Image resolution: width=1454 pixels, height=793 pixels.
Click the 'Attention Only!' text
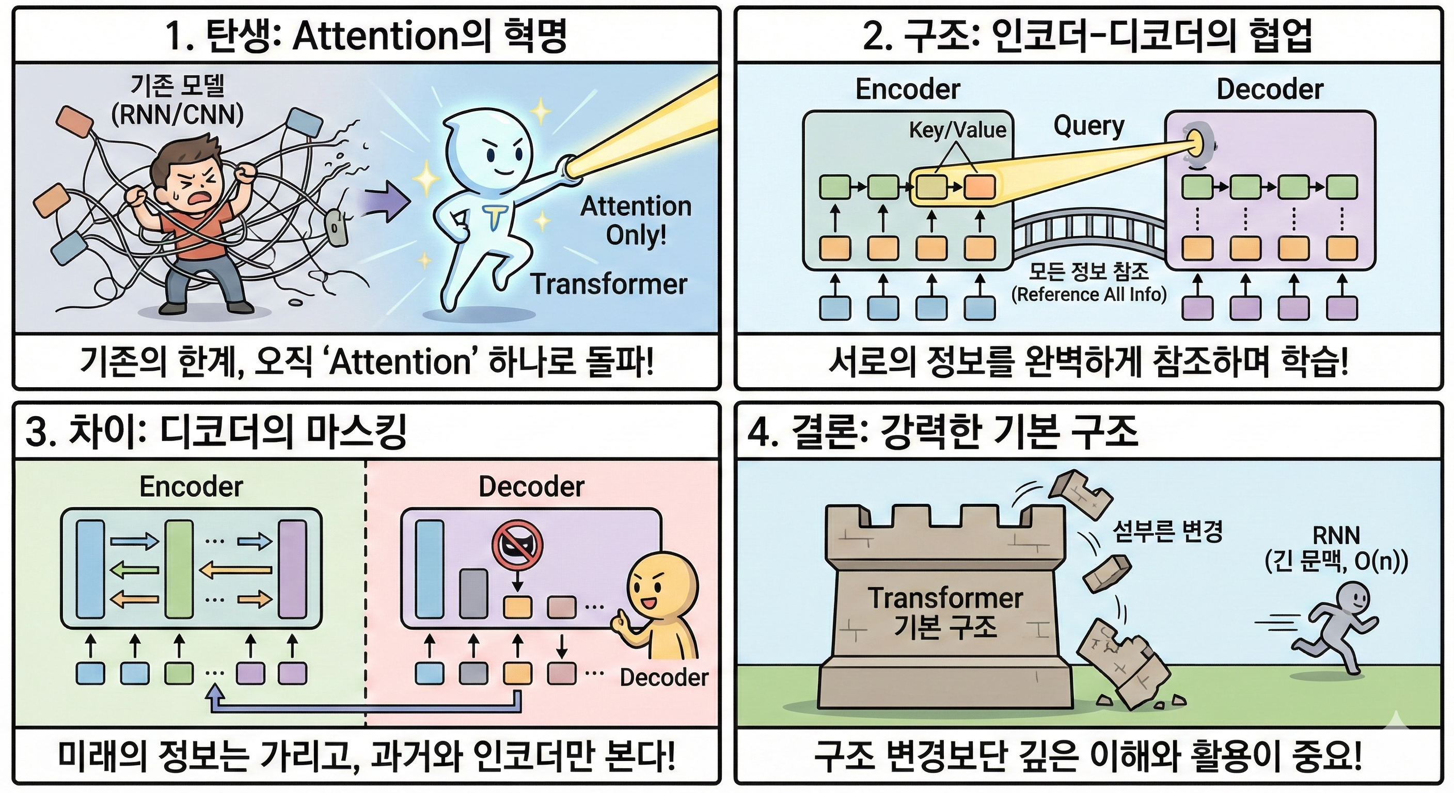[636, 220]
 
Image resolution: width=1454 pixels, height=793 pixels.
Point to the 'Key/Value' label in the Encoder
[957, 131]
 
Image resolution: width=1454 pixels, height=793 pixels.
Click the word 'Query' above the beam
[1089, 126]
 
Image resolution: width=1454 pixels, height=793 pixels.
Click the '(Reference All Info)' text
[1089, 294]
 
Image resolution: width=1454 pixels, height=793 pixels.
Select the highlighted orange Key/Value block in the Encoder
[979, 187]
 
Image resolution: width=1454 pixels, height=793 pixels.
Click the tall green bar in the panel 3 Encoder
[179, 569]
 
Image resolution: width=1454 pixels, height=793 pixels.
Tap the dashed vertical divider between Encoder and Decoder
[365, 593]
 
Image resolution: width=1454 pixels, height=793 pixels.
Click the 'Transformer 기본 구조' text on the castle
[945, 612]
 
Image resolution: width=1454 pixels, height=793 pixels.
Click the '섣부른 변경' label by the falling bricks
[1167, 532]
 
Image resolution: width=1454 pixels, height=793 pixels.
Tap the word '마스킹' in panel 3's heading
[355, 432]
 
